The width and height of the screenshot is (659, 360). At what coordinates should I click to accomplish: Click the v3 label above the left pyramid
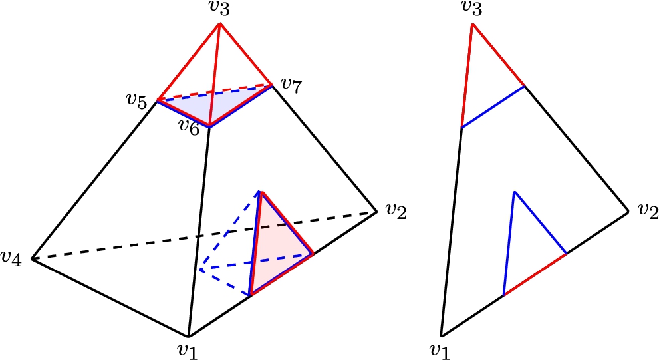tap(220, 9)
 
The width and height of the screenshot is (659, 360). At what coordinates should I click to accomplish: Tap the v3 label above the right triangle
tap(471, 7)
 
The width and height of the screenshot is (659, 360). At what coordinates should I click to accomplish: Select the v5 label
tap(136, 101)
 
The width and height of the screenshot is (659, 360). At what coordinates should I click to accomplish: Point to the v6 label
tap(189, 126)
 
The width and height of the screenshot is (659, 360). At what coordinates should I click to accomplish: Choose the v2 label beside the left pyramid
tap(396, 210)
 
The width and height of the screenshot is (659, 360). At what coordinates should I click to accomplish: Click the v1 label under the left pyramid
tap(188, 350)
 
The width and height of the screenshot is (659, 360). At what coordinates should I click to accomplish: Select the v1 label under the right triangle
tap(440, 350)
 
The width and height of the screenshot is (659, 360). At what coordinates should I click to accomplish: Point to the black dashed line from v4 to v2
tap(204, 236)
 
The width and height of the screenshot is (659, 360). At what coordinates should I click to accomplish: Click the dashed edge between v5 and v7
tap(215, 92)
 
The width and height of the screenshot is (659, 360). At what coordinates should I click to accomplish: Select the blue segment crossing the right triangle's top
tap(493, 107)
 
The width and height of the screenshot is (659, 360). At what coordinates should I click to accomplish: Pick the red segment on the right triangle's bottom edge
tap(535, 274)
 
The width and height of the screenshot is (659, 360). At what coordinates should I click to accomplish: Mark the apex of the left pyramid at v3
tap(220, 24)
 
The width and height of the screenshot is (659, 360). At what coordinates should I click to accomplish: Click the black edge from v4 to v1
tap(110, 297)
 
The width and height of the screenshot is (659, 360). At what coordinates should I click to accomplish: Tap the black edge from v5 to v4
tap(94, 180)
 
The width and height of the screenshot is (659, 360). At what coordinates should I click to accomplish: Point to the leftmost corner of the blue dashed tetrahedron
tap(201, 270)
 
